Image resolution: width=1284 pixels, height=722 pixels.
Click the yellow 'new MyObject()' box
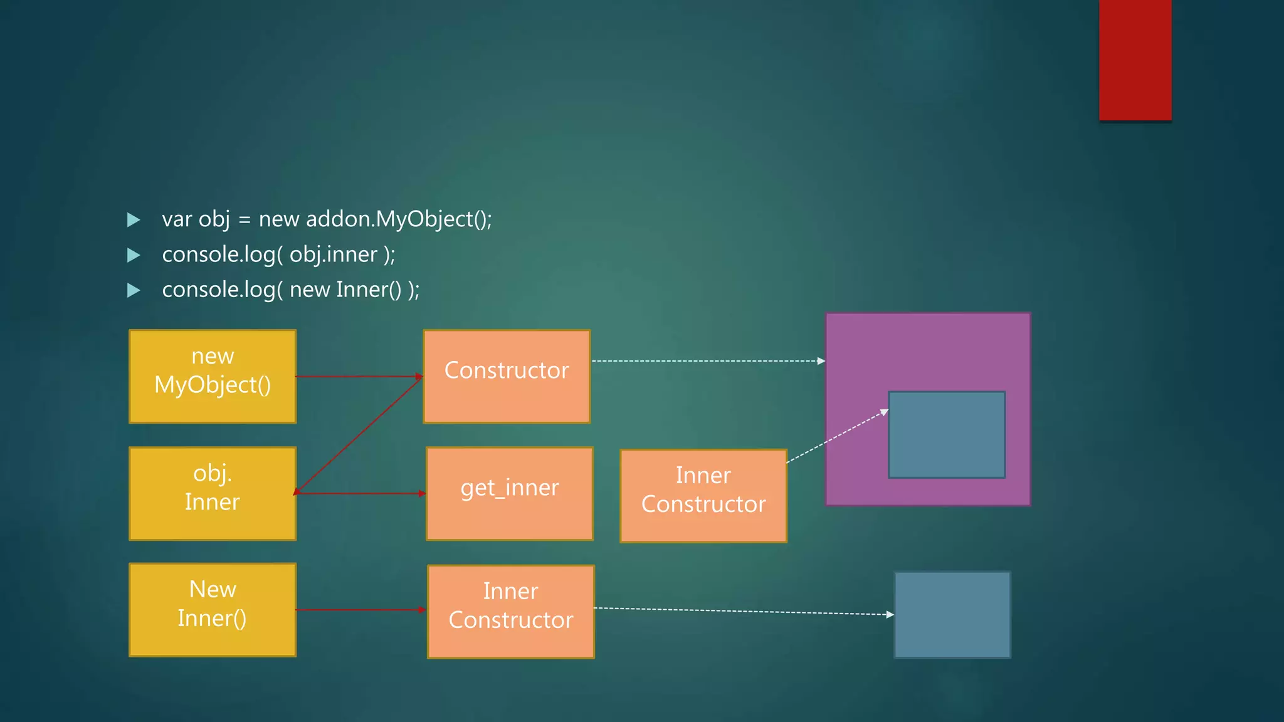[213, 376]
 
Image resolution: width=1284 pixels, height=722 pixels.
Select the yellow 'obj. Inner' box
[213, 493]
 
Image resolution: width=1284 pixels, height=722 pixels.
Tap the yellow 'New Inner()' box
[213, 610]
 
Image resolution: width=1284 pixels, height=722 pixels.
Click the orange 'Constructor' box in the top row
[507, 376]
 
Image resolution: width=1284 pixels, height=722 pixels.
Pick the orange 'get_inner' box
[509, 493]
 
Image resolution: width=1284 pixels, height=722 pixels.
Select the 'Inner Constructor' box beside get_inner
[703, 496]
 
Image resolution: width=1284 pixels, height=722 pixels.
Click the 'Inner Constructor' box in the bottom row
[511, 612]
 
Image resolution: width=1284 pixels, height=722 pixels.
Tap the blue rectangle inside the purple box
[947, 435]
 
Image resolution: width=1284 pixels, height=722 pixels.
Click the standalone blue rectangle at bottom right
[952, 614]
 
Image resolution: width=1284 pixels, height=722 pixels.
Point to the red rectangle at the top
[1135, 60]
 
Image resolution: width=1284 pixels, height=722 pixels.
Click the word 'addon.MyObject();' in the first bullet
[399, 219]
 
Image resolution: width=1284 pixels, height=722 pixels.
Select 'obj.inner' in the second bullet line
[334, 254]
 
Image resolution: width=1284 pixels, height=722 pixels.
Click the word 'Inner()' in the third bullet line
[369, 290]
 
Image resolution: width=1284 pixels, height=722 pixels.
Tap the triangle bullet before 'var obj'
[134, 219]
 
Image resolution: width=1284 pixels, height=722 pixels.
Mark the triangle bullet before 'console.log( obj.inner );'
[134, 255]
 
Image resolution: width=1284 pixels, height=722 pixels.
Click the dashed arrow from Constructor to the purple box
[707, 361]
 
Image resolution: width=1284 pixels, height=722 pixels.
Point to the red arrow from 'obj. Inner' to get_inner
[360, 494]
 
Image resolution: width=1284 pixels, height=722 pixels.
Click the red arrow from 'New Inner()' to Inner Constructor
[361, 610]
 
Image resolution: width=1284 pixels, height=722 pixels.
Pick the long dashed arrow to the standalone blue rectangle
[744, 611]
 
